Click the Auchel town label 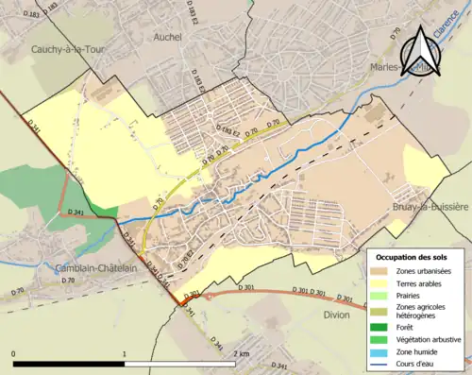167,37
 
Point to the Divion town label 336,315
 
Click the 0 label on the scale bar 13,353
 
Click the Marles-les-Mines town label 396,65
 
